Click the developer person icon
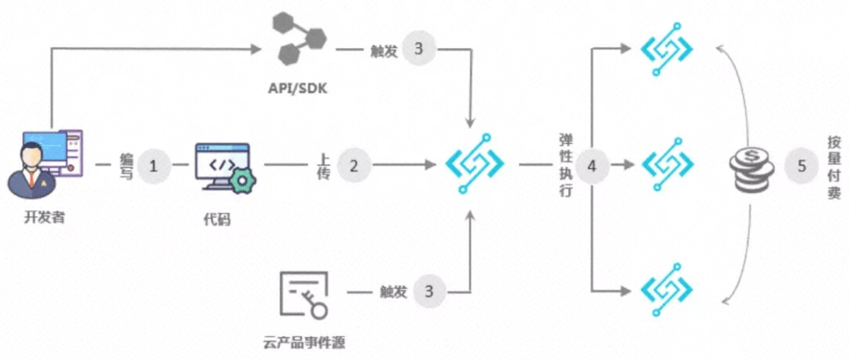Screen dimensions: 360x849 pos(43,164)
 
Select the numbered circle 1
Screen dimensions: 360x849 pos(153,166)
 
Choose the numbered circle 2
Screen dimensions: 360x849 pos(354,166)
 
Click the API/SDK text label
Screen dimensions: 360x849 pos(296,87)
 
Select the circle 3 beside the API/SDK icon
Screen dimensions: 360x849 pos(417,49)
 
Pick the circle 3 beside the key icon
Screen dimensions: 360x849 pos(428,292)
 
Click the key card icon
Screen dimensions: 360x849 pos(303,295)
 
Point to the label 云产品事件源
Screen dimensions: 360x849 pos(305,342)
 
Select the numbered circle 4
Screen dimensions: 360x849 pos(591,166)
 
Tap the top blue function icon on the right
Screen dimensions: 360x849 pos(667,49)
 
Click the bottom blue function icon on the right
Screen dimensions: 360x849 pos(667,292)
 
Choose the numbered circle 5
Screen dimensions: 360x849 pos(801,166)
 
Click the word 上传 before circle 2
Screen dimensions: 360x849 pos(322,166)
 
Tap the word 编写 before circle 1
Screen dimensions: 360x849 pos(126,166)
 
